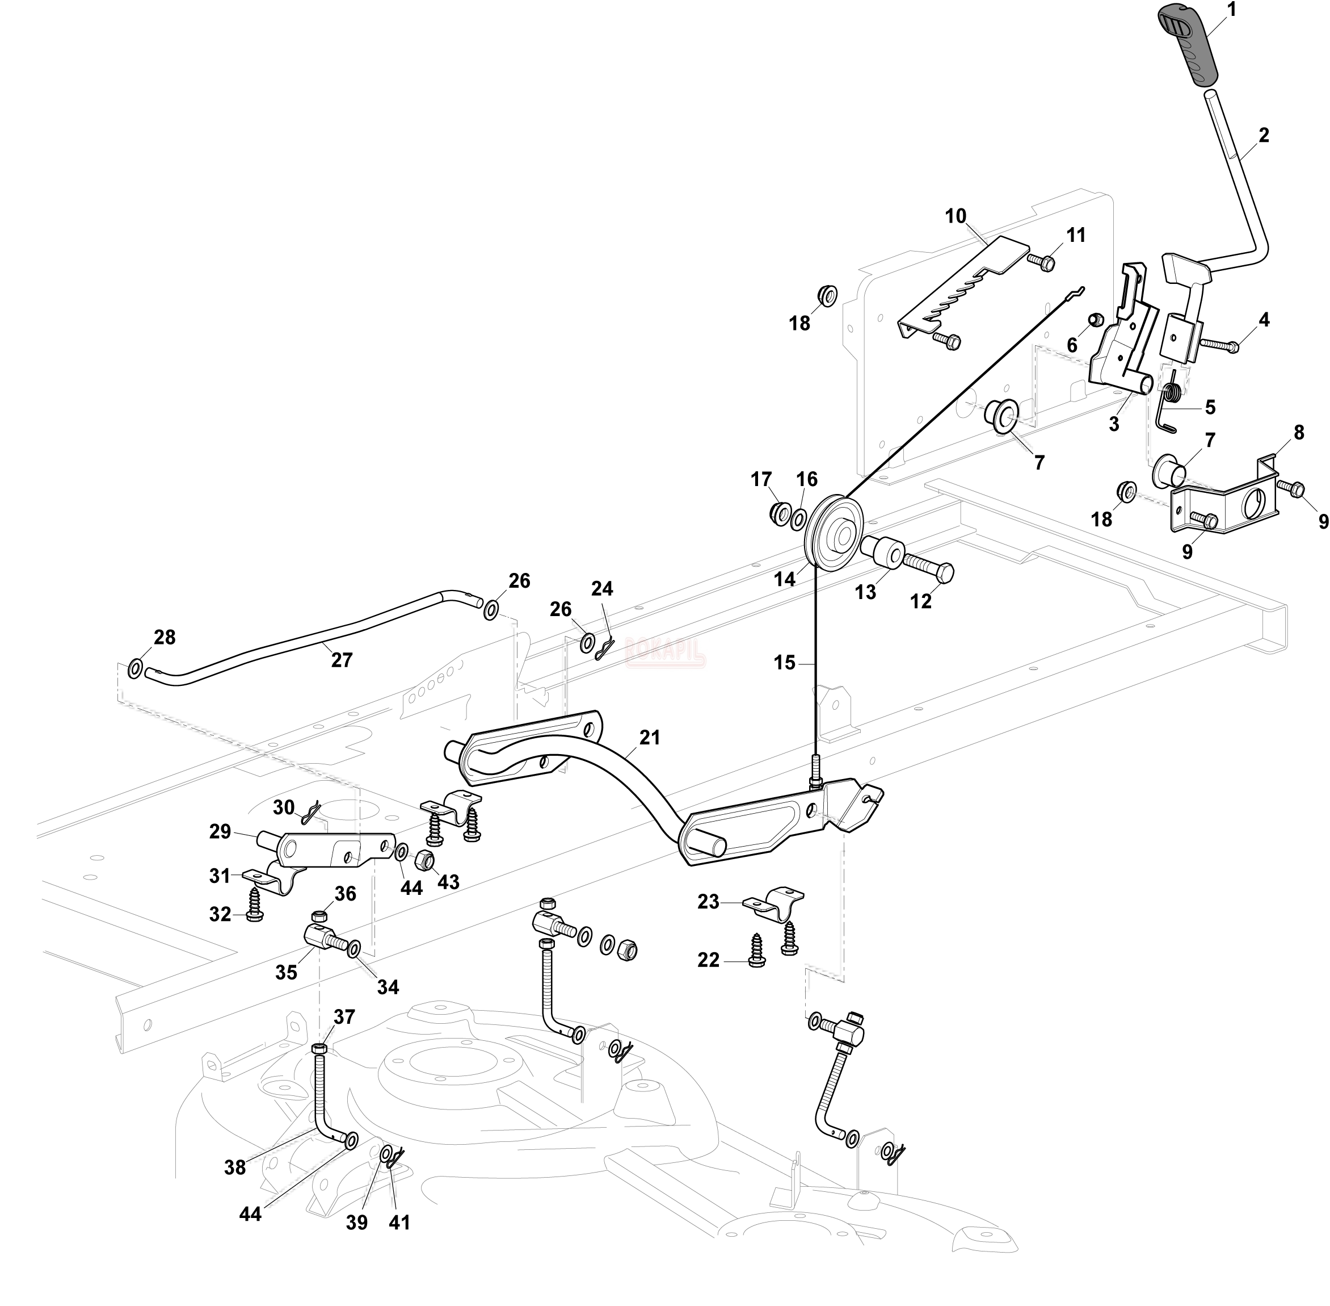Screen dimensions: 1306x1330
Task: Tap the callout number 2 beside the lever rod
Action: [x=1264, y=136]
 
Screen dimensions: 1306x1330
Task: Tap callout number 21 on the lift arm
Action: [x=649, y=738]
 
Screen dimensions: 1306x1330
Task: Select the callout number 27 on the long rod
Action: [x=342, y=660]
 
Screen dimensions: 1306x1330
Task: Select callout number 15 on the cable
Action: [x=784, y=663]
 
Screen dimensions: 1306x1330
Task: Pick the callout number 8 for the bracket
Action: [x=1298, y=433]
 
